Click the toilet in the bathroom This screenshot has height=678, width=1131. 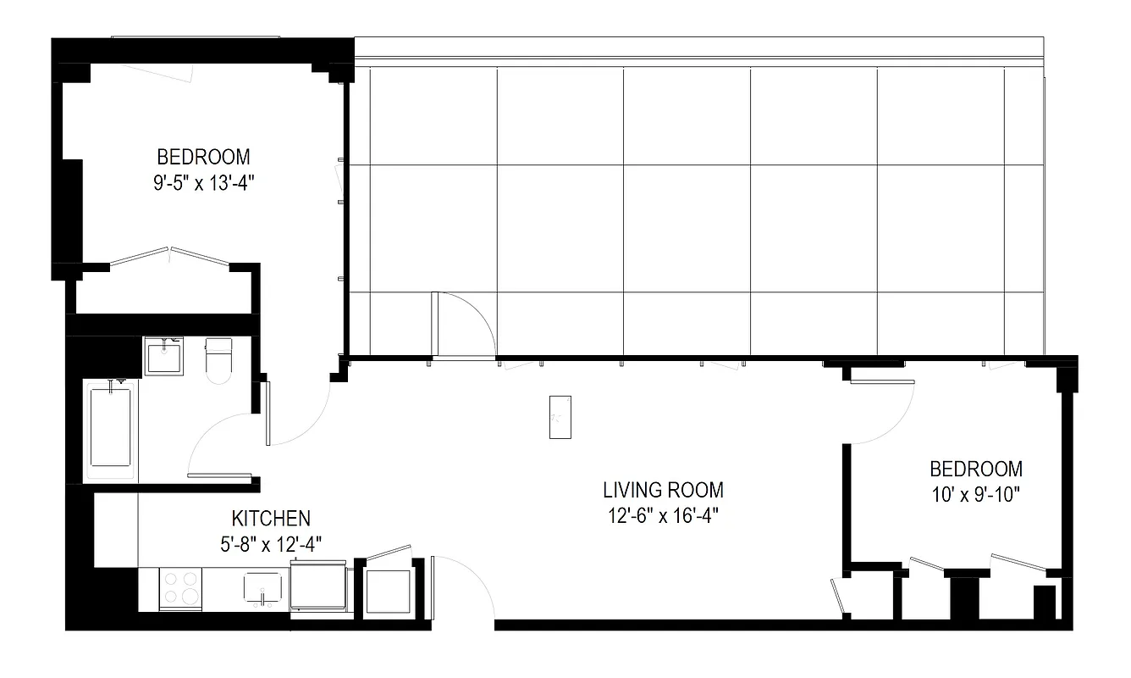tap(218, 359)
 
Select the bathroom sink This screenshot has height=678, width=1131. tap(163, 356)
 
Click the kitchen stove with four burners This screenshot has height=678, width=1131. tap(180, 587)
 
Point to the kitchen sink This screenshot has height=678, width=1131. tap(264, 586)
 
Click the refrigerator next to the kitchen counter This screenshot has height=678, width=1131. tap(318, 585)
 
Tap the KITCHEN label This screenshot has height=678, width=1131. tap(271, 518)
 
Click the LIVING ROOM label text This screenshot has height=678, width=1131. tap(663, 490)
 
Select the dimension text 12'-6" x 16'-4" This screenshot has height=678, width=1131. tap(663, 515)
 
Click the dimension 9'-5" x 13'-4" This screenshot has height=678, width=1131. tap(203, 183)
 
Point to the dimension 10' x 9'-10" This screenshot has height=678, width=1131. tap(975, 494)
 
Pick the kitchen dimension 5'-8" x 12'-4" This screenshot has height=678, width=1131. tap(271, 543)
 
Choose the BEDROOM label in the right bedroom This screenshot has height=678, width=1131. tap(975, 469)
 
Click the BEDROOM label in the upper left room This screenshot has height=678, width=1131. tap(203, 157)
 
